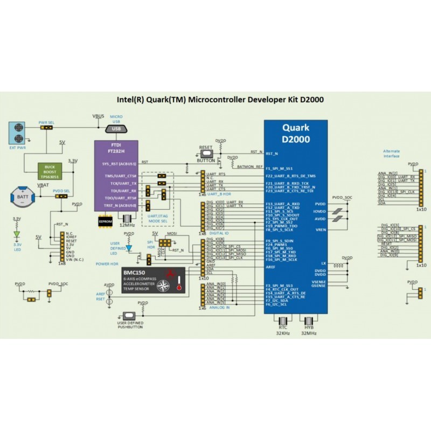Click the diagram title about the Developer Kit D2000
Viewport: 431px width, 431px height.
pyautogui.click(x=220, y=100)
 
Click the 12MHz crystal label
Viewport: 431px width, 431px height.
pyautogui.click(x=127, y=224)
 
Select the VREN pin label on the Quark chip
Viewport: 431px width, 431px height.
pyautogui.click(x=319, y=230)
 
